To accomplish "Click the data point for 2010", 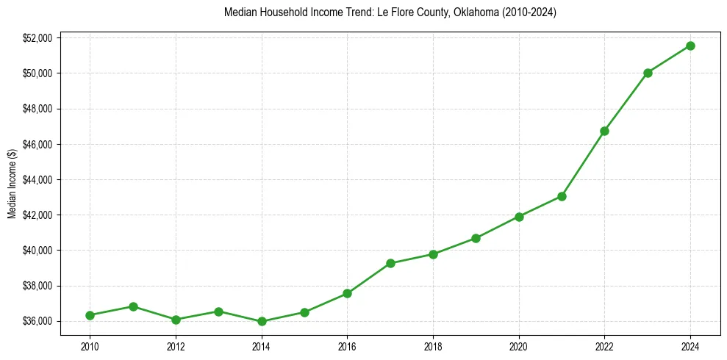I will click(90, 315).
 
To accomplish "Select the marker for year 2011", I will click(133, 306).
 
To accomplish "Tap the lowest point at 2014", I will click(262, 321).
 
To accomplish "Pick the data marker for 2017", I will click(390, 263).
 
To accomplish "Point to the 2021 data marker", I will click(562, 196).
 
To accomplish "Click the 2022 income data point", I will click(604, 131).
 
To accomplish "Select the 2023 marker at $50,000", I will click(648, 73).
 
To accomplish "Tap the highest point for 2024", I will click(690, 46).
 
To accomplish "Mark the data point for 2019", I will click(476, 238).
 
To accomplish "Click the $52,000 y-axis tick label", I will click(37, 37).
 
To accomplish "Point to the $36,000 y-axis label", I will click(37, 321).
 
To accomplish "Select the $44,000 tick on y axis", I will click(37, 179).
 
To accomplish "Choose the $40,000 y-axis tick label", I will click(37, 251).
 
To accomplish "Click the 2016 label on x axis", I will click(347, 345).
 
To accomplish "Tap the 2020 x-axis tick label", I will click(519, 345).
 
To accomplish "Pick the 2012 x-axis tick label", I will click(176, 345).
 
